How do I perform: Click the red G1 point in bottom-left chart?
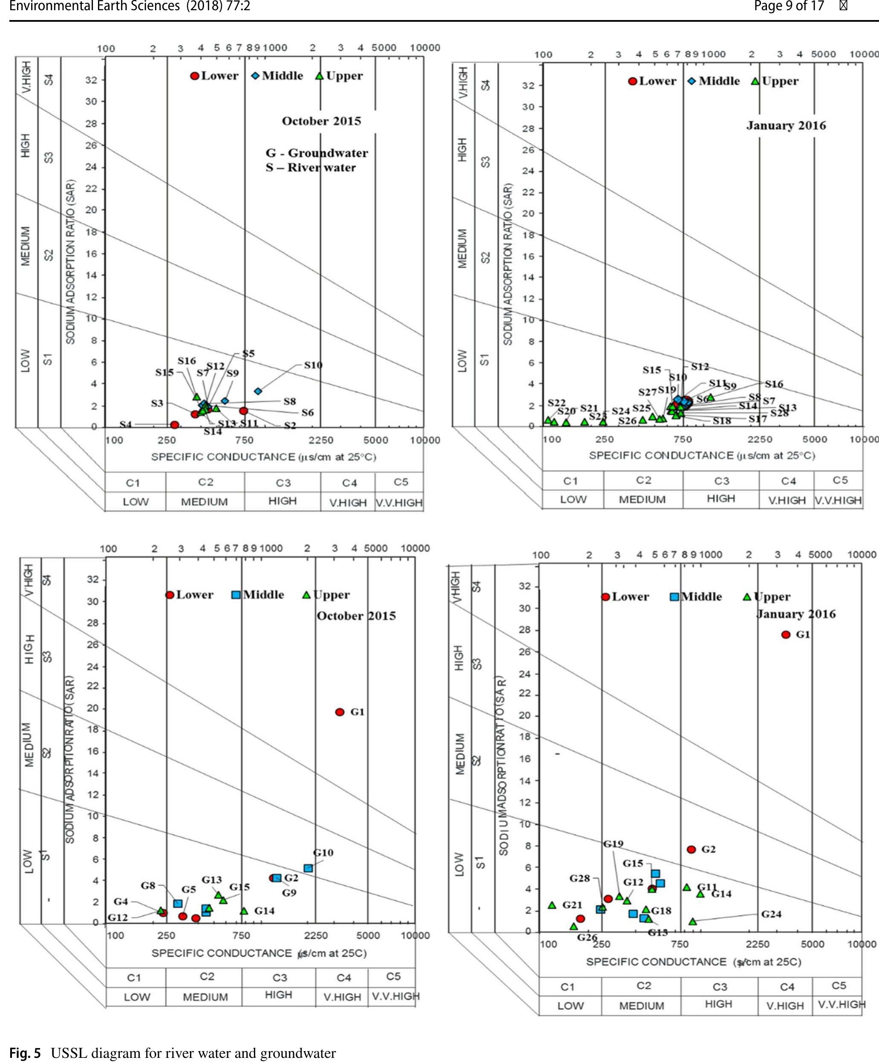340,712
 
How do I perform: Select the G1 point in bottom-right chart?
785,634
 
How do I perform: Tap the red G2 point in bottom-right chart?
692,849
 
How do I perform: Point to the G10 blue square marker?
308,868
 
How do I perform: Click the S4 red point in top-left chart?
175,425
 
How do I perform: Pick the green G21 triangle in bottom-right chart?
552,904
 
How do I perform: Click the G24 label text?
771,914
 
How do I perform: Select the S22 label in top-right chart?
556,403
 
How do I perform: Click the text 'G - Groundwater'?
317,153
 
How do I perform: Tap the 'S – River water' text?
311,168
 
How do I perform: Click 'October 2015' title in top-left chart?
321,121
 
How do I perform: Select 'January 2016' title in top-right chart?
786,125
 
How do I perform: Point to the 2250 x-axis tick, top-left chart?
321,440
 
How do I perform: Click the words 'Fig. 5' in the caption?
25,1053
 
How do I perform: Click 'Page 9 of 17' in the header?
789,6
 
